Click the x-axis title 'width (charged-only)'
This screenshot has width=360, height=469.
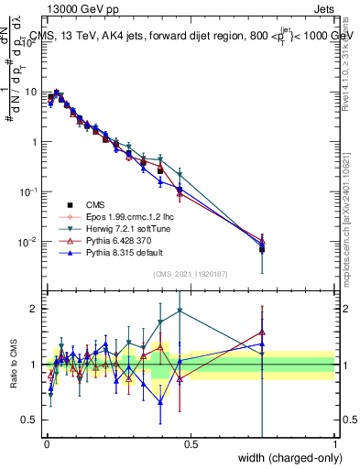[x=286, y=457]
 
